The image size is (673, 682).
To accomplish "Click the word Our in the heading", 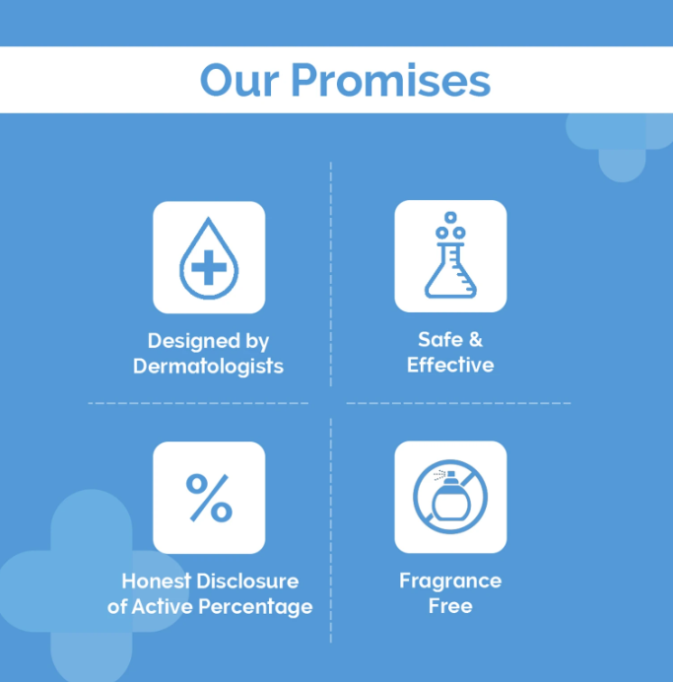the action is pos(239,80).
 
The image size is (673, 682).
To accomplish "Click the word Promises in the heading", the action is pos(391,80).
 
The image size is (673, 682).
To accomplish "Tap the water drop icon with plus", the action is pos(209,258).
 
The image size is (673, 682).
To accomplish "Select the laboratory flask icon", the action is pos(450,255).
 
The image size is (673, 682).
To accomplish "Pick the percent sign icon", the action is pos(209,498).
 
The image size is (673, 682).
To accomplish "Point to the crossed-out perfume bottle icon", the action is pos(450,497).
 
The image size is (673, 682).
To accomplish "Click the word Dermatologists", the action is pos(208,367).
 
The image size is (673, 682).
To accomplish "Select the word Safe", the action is pos(439,340).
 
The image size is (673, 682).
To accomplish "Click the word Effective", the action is pos(450,365).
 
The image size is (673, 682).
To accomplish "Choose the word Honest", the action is pos(156,581).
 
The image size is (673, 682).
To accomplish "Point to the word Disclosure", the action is pos(248,581).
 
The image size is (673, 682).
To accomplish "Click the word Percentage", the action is pos(255,607).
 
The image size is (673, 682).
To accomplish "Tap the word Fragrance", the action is pos(450,581).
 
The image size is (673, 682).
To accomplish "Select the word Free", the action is pos(450,606).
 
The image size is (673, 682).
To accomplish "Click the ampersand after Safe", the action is pos(476,340).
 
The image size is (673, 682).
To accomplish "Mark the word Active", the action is pos(162,606).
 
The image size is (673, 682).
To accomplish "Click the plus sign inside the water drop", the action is pos(209,267).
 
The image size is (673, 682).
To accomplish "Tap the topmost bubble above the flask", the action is pos(450,217).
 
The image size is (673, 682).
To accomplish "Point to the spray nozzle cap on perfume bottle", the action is pos(450,475).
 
